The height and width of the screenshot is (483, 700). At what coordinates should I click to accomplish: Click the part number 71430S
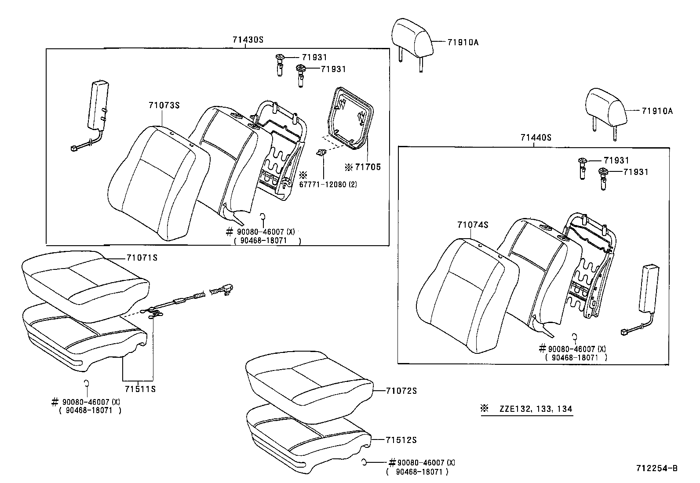pyautogui.click(x=248, y=39)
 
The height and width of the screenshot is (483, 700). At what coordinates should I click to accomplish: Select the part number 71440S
pyautogui.click(x=536, y=138)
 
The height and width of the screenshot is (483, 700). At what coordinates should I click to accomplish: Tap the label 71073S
pyautogui.click(x=164, y=105)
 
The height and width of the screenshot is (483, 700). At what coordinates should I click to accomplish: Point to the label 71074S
pyautogui.click(x=473, y=225)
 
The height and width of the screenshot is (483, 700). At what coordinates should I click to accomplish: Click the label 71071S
pyautogui.click(x=142, y=258)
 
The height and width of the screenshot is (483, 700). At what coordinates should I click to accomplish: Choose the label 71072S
pyautogui.click(x=401, y=391)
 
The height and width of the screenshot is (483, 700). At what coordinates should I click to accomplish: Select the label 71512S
pyautogui.click(x=401, y=440)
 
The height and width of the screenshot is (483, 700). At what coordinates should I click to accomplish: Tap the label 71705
pyautogui.click(x=367, y=167)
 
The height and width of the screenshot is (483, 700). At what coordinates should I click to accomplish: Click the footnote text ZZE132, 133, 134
pyautogui.click(x=535, y=409)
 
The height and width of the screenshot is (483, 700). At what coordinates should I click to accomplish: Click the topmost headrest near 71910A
pyautogui.click(x=411, y=35)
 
